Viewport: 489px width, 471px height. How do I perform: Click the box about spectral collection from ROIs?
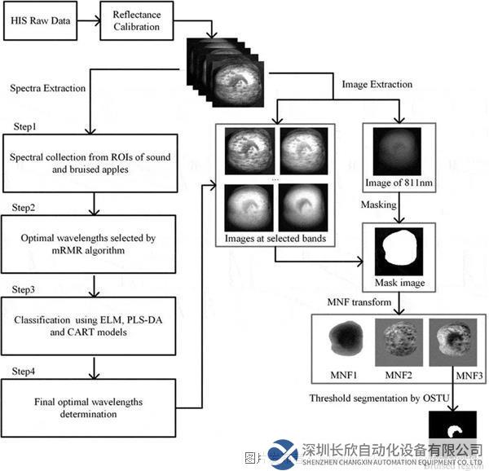90,163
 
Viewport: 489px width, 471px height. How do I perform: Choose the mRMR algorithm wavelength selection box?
90,244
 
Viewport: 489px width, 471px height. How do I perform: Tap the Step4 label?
24,372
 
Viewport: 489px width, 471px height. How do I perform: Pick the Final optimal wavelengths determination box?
90,407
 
